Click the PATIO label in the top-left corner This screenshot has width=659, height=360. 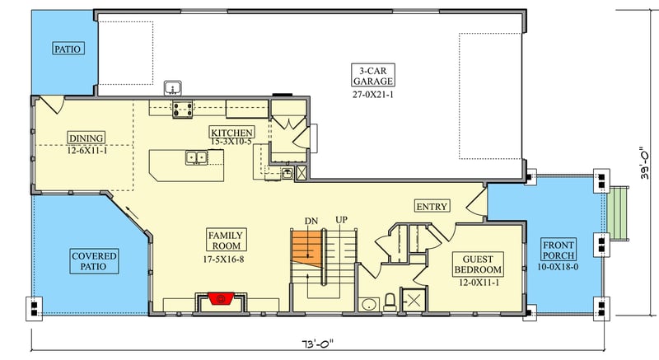pos(68,49)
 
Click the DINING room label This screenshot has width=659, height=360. pos(86,138)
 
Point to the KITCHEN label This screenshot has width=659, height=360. pos(231,133)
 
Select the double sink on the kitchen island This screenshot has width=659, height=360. pos(196,157)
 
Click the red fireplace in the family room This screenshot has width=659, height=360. pos(218,297)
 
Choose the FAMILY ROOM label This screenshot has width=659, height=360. pos(223,241)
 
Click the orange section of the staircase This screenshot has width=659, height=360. pos(305,247)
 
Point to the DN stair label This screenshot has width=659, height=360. pos(312,221)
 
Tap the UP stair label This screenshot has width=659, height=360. pos(341,220)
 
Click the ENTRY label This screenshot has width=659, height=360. pos(432,206)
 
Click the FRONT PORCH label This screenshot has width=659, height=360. pos(559,253)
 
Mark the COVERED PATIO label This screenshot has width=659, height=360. pos(94,262)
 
